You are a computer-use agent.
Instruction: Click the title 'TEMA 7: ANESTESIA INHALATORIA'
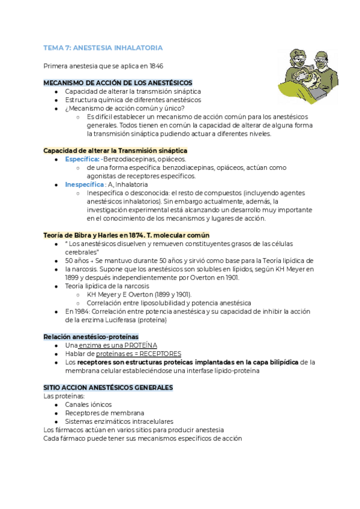[x=102, y=48]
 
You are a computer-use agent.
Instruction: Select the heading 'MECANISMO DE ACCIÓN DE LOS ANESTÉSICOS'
[x=118, y=82]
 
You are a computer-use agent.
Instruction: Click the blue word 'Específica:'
[x=82, y=159]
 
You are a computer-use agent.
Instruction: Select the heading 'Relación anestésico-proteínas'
[x=91, y=337]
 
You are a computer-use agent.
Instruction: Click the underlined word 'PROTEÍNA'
[x=141, y=346]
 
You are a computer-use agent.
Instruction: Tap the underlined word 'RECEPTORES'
[x=160, y=354]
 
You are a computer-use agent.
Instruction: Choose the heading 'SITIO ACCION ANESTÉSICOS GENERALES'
[x=108, y=388]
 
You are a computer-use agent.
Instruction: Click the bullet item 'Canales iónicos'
[x=89, y=405]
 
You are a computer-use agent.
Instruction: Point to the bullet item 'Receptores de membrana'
[x=104, y=413]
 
